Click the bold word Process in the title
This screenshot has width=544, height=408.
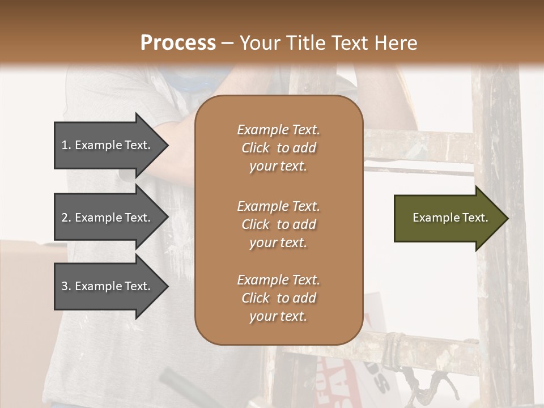pos(178,42)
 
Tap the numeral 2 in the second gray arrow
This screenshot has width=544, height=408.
pos(64,218)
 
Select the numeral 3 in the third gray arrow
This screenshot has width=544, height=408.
pos(64,286)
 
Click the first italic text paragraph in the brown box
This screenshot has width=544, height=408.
pos(278,148)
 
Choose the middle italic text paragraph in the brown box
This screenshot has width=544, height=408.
pos(278,224)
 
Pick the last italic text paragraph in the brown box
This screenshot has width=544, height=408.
pos(278,298)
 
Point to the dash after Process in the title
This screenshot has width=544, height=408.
pos(227,42)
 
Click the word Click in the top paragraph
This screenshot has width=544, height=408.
pos(256,148)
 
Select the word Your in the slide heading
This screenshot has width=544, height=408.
pos(258,42)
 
